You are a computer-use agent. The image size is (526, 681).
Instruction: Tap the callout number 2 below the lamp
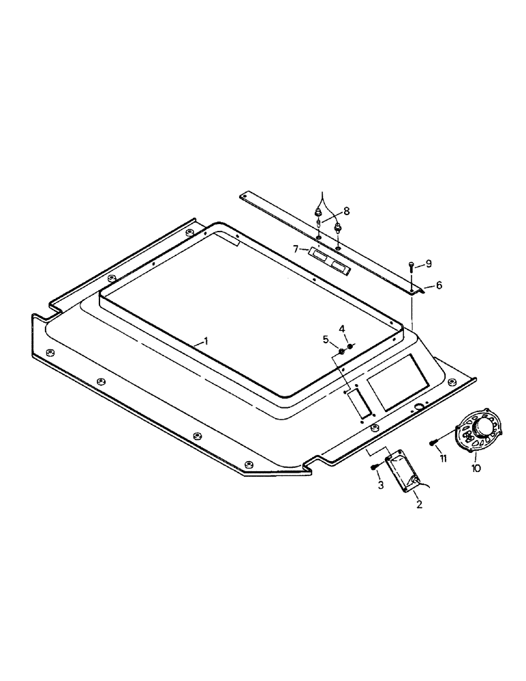[419, 505]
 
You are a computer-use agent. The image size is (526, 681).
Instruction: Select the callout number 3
[381, 485]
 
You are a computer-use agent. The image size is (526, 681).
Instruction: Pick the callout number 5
[326, 338]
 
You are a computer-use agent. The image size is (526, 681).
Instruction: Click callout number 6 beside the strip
[439, 285]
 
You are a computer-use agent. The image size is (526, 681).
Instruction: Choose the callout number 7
[296, 249]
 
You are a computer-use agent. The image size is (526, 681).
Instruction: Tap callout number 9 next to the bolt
[428, 263]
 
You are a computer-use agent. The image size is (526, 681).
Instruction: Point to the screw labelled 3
[375, 466]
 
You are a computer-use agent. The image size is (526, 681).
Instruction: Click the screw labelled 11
[433, 443]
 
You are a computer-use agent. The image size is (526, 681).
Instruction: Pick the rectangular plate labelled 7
[329, 262]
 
